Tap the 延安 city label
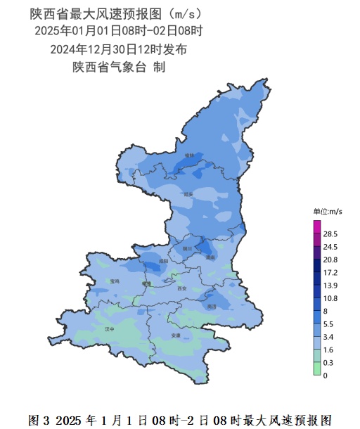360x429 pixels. [187, 194]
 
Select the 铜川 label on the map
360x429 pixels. [187, 248]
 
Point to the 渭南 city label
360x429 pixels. [210, 258]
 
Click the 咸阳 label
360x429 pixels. [164, 260]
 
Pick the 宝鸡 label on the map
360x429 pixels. [115, 281]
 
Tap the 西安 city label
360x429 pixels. [182, 288]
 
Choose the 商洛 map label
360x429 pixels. [212, 307]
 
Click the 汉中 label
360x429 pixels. [109, 328]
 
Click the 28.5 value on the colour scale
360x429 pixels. [330, 233]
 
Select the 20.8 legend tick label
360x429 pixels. [330, 260]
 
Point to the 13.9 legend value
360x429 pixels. [330, 285]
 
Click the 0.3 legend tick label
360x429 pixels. [329, 362]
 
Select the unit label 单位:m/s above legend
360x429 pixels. [327, 211]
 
